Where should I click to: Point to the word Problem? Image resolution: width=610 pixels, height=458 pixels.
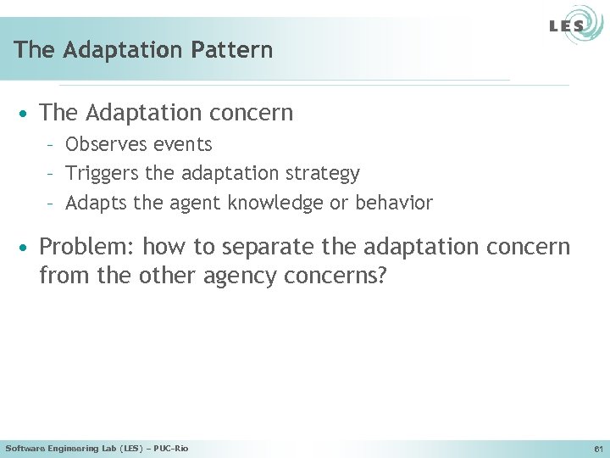tap(87, 248)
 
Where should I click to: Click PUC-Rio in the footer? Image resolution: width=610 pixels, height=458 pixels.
tap(171, 448)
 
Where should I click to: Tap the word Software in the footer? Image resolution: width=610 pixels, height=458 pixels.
tap(27, 448)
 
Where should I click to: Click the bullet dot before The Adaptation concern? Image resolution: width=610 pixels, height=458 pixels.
tap(27, 113)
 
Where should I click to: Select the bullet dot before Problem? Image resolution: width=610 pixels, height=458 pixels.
tap(27, 248)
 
